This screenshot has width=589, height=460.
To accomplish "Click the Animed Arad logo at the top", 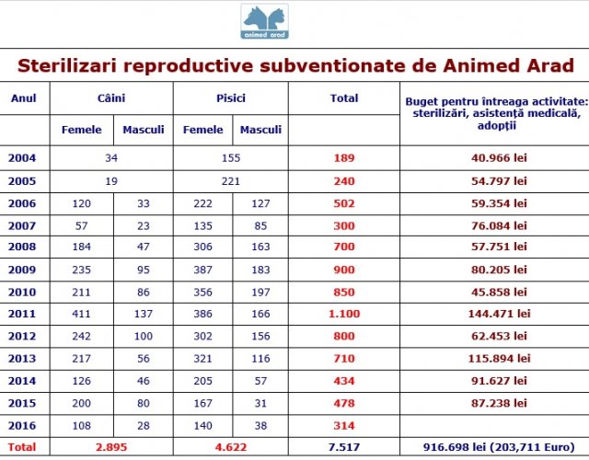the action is point(264,21).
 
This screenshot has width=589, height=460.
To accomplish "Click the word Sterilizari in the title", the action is point(67,65).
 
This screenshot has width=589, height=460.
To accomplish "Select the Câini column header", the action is point(111,98).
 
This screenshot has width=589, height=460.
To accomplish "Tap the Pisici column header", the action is point(231,98).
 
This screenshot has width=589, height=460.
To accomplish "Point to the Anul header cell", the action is point(24,98).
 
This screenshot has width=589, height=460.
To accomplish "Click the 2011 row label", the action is point(22,314).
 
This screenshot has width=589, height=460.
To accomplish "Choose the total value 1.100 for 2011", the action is point(344,314).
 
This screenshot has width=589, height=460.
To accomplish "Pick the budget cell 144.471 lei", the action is point(499,314).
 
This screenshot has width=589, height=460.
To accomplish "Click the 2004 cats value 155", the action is point(231,157).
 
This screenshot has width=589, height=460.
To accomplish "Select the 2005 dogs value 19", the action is point(111,181).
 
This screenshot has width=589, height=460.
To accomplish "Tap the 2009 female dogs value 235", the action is point(82,270).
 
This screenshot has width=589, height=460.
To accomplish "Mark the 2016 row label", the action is point(22,425).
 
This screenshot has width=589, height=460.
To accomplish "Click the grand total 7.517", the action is point(344,447).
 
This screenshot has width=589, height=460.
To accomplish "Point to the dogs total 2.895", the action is point(111,447).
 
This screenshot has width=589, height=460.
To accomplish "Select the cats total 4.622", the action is point(231,447).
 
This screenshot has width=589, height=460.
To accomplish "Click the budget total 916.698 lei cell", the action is point(499,447).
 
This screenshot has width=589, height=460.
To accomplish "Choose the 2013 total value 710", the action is point(344,358).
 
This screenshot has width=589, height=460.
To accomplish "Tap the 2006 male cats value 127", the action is point(260,203).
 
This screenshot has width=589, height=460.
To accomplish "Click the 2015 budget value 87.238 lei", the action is point(499,403).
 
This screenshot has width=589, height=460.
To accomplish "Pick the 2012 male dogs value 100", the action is point(144,336).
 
